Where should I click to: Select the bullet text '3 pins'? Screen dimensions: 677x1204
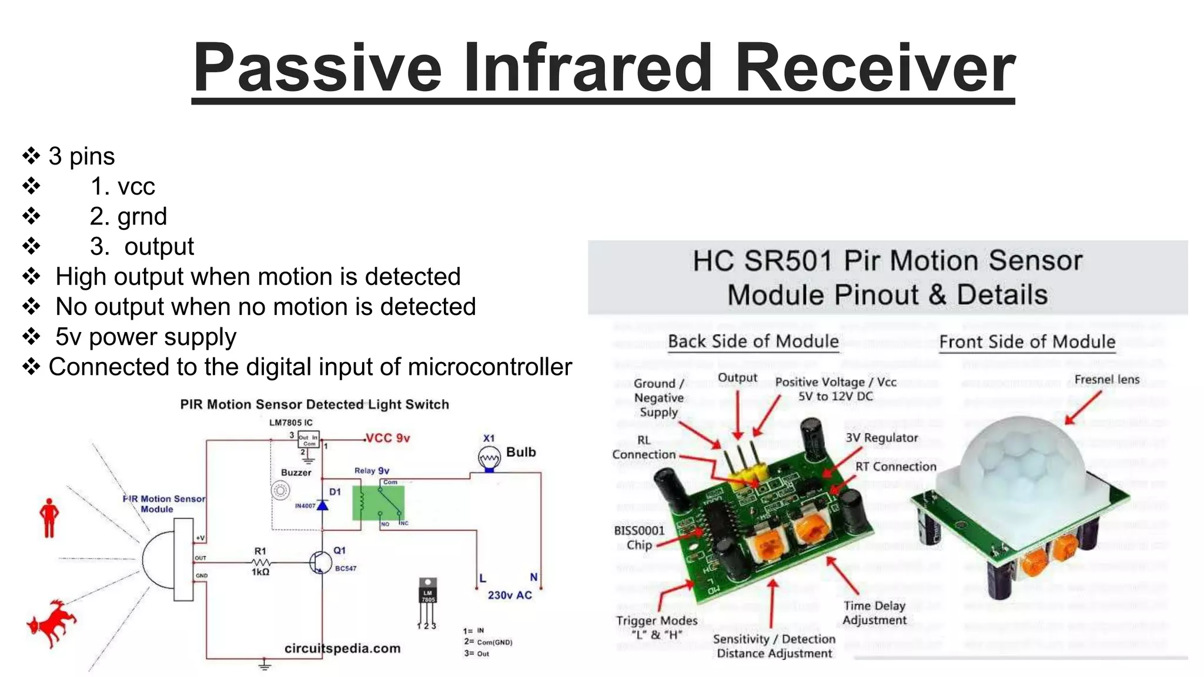81,156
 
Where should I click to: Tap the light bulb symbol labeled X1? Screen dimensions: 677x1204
489,458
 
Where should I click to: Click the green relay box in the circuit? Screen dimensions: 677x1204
378,502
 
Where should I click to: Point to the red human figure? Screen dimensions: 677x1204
49,517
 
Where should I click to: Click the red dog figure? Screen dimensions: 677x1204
52,623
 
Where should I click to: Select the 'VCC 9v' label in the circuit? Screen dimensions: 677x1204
387,438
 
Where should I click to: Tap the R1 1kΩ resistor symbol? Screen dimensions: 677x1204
260,562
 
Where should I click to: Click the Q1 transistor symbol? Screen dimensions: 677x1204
320,562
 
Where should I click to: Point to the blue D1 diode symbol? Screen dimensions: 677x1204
322,504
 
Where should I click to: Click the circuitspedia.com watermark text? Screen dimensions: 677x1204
342,648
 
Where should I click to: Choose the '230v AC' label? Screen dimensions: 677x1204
510,595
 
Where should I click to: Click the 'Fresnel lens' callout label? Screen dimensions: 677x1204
1106,380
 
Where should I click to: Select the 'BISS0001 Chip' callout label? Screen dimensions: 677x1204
639,537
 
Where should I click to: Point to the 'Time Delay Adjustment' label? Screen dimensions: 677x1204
874,612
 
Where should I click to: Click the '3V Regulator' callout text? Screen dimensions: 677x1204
881,438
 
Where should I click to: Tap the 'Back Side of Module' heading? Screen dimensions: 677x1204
753,341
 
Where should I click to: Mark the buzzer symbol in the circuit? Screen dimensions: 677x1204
280,490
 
